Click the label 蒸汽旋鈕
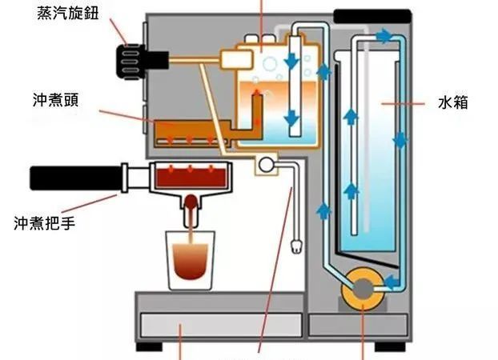(x=68, y=14)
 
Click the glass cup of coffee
(x=191, y=258)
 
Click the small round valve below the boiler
(x=263, y=166)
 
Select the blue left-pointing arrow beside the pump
(x=392, y=281)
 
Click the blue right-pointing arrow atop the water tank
(x=385, y=36)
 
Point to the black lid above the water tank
(x=370, y=14)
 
